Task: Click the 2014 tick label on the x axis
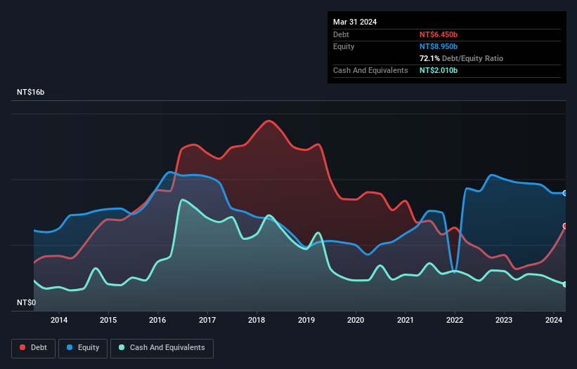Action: pyautogui.click(x=59, y=321)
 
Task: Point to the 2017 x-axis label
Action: pyautogui.click(x=207, y=321)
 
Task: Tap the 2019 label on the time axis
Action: pyautogui.click(x=306, y=321)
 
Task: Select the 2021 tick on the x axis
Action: pyautogui.click(x=406, y=321)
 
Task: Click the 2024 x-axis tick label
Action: pyautogui.click(x=554, y=321)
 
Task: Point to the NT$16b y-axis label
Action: pyautogui.click(x=30, y=93)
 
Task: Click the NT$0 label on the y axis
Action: pyautogui.click(x=27, y=302)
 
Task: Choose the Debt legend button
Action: pyautogui.click(x=32, y=348)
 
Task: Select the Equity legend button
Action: pyautogui.click(x=84, y=348)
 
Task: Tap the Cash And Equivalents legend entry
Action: pyautogui.click(x=162, y=348)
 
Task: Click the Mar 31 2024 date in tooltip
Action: pyautogui.click(x=355, y=22)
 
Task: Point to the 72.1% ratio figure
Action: pyautogui.click(x=429, y=58)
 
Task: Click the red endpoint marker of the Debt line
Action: pyautogui.click(x=565, y=226)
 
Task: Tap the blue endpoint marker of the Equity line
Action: pyautogui.click(x=565, y=193)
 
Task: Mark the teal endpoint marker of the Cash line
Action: pyautogui.click(x=565, y=284)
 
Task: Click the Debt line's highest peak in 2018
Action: pyautogui.click(x=268, y=121)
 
